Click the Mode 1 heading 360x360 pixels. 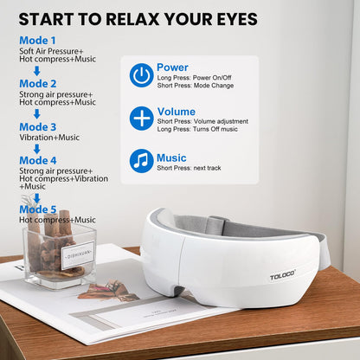click(x=38, y=41)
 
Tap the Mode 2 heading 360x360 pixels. click(x=38, y=84)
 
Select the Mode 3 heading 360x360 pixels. click(x=38, y=127)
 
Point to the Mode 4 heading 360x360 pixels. click(x=38, y=160)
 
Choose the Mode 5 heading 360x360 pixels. click(x=38, y=209)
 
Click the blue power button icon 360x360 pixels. click(x=142, y=75)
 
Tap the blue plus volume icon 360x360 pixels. click(x=142, y=119)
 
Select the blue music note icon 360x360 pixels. click(x=142, y=161)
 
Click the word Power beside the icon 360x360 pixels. click(x=172, y=67)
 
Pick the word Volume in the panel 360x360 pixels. click(x=176, y=112)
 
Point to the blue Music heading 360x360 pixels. click(x=171, y=157)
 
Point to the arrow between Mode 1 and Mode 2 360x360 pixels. click(x=37, y=70)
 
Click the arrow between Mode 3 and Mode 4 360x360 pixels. click(x=37, y=148)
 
